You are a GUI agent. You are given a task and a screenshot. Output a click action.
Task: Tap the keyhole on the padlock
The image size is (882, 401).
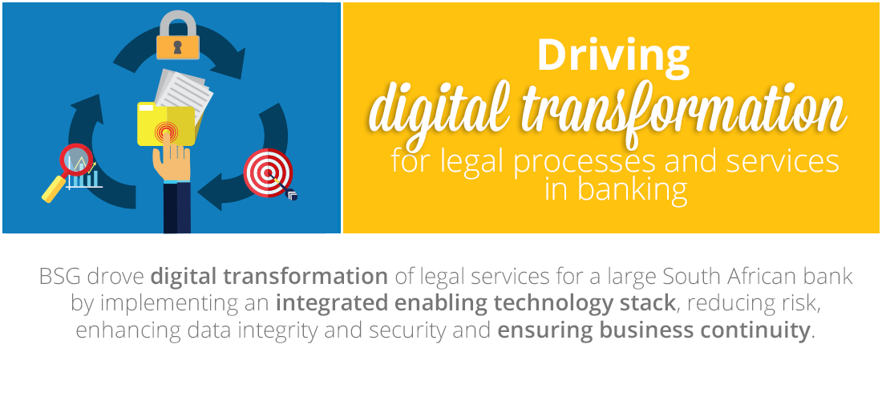(x=178, y=47)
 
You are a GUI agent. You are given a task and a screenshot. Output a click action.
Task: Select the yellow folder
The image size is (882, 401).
(x=166, y=124)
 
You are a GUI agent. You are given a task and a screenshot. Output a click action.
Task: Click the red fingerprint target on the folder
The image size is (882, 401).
(x=167, y=132)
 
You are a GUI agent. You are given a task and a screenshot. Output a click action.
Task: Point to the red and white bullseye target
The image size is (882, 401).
(x=268, y=172)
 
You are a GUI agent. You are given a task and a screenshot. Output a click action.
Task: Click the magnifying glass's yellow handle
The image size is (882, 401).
(x=54, y=189)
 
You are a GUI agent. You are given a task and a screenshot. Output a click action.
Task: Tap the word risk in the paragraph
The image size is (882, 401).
(x=798, y=303)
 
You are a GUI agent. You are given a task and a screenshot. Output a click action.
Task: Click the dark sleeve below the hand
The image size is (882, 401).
(x=177, y=208)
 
